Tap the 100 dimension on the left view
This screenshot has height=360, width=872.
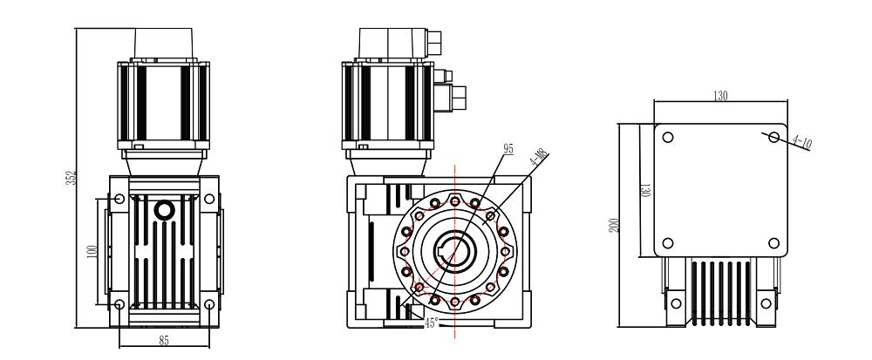pyautogui.click(x=92, y=250)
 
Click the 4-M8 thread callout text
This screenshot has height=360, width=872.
pyautogui.click(x=540, y=159)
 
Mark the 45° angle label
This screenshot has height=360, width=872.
pyautogui.click(x=431, y=323)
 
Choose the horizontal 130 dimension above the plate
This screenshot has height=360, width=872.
pyautogui.click(x=719, y=96)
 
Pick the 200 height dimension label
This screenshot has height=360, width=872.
pyautogui.click(x=614, y=226)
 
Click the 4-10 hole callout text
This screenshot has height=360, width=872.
pyautogui.click(x=801, y=141)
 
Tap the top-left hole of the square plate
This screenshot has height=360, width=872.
pyautogui.click(x=668, y=138)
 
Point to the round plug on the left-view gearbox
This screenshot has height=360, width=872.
pyautogui.click(x=164, y=210)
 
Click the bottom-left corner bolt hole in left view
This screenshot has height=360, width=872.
pyautogui.click(x=119, y=304)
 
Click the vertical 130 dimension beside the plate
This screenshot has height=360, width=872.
pyautogui.click(x=644, y=189)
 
